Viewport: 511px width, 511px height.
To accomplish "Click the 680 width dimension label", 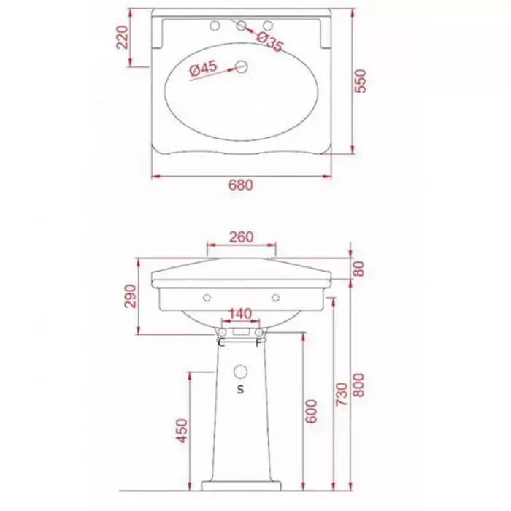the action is (x=240, y=185).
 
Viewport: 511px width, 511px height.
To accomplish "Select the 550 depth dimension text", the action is (x=360, y=81).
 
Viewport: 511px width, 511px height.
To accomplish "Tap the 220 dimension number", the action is (x=123, y=37).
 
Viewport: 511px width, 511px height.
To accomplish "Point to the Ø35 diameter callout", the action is (x=269, y=42).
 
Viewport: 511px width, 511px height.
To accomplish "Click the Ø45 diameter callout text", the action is (x=203, y=69).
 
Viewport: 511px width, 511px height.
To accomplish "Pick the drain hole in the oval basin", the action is (x=242, y=66).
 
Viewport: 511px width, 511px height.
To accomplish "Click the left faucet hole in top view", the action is (x=215, y=26).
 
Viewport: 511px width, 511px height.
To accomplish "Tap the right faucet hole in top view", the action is (x=268, y=26).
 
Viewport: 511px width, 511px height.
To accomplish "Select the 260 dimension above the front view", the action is (x=241, y=237).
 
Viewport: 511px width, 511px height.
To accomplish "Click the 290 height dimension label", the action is (x=131, y=296).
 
